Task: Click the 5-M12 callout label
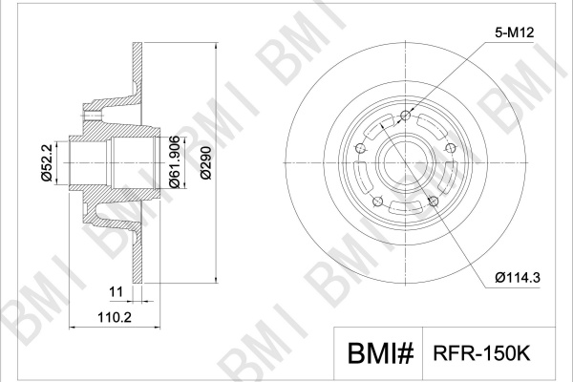[515, 32]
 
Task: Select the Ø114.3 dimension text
[518, 278]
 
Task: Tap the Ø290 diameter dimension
[206, 162]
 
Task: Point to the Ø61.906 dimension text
[175, 162]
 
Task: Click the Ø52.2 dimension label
[48, 162]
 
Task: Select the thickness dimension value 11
[117, 291]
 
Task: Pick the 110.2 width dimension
[115, 317]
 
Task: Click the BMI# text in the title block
[380, 353]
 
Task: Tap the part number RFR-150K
[481, 353]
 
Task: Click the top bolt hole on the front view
[406, 116]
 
